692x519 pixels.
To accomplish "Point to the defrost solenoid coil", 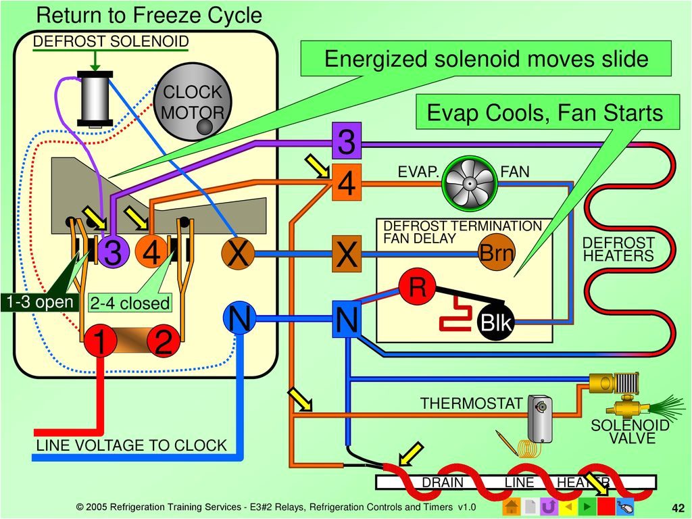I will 95,99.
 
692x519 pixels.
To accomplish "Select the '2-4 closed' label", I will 130,303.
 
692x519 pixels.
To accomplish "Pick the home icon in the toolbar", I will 512,507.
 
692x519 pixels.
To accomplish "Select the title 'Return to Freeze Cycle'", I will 149,15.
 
